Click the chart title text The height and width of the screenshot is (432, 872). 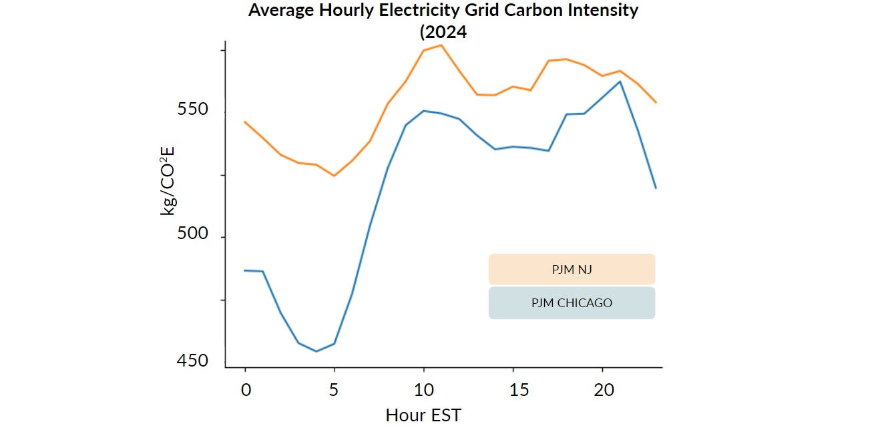(x=443, y=11)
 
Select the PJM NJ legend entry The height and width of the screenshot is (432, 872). (x=572, y=270)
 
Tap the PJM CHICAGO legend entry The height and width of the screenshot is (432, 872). (x=572, y=303)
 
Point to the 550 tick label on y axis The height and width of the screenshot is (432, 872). (x=192, y=109)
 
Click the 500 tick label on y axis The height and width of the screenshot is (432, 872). (x=192, y=235)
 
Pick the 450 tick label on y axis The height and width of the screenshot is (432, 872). (x=192, y=361)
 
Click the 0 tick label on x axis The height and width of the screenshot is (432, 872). (x=246, y=391)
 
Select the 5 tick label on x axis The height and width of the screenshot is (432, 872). (x=335, y=391)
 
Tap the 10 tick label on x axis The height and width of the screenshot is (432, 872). (x=423, y=391)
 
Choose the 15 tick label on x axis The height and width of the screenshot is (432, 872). (x=513, y=391)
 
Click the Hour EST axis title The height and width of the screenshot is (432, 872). (x=423, y=415)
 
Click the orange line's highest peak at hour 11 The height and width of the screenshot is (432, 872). (x=441, y=45)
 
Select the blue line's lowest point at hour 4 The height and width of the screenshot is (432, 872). (x=316, y=351)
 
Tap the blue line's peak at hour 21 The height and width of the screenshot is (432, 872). (x=620, y=81)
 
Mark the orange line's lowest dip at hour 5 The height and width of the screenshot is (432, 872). (x=334, y=176)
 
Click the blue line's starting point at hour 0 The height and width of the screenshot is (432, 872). (x=245, y=270)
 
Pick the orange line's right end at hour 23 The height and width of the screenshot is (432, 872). (x=656, y=102)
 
